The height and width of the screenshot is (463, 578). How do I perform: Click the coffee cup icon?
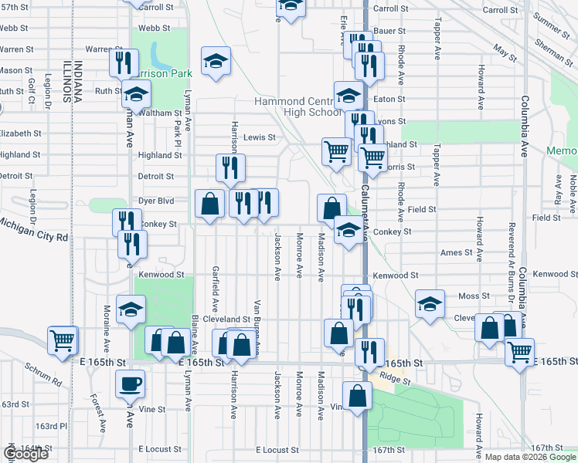click(130, 383)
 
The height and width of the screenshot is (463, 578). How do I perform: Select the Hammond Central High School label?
click(298, 106)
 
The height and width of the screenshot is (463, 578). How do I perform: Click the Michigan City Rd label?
click(34, 229)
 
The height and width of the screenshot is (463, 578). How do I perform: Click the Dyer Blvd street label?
click(157, 201)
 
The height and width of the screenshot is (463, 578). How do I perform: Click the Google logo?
click(25, 454)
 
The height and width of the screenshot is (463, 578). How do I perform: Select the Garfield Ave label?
click(216, 282)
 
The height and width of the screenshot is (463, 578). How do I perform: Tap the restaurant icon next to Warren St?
click(124, 63)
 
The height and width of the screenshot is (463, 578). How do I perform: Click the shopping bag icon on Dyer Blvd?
click(209, 204)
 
